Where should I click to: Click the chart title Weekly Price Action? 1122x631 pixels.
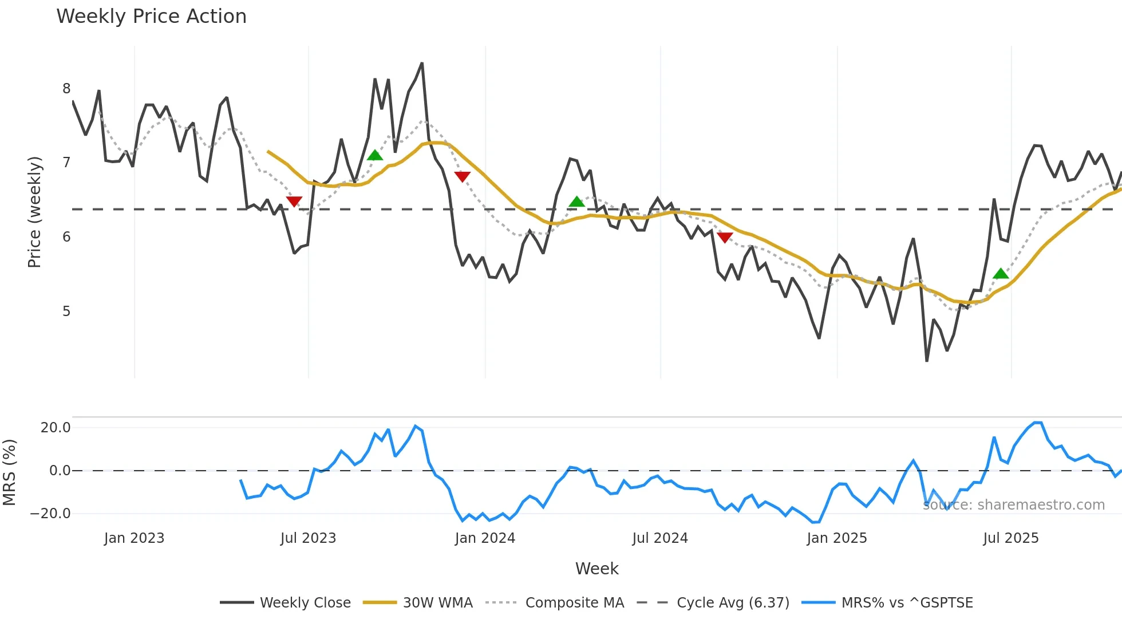(151, 17)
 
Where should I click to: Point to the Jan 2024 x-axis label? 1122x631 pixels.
(485, 538)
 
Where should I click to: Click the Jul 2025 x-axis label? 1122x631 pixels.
(1010, 538)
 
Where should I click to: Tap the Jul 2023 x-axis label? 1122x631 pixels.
(308, 538)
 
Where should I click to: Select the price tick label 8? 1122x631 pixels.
(66, 89)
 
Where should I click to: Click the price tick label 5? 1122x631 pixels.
(66, 311)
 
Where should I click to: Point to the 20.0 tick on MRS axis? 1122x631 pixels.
(56, 428)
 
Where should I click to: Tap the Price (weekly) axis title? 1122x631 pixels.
(34, 212)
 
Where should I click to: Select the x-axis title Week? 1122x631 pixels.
(596, 569)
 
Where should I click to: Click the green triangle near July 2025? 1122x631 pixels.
(1001, 274)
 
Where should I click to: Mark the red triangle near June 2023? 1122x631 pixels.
(294, 201)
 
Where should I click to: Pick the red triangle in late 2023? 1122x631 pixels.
(462, 176)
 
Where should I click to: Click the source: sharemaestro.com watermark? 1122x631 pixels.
(1013, 505)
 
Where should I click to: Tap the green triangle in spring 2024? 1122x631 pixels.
(576, 202)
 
